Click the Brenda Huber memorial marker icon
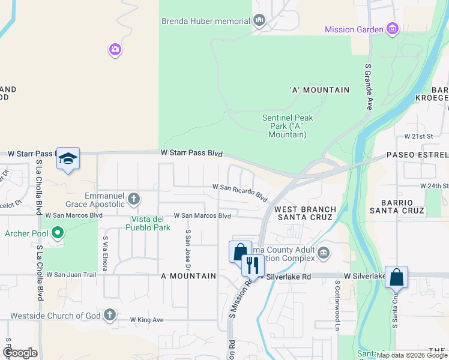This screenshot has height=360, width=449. [x=259, y=21]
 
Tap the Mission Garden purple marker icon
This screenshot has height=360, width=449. [x=393, y=29]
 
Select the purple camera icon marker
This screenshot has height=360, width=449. [x=115, y=49]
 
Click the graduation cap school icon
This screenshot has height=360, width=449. [x=68, y=158]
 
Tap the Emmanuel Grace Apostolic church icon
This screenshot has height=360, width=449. [x=134, y=197]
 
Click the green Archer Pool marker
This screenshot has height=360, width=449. [x=58, y=233]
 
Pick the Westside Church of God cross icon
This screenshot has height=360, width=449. [x=109, y=315]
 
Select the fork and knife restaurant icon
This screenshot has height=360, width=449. [x=253, y=265]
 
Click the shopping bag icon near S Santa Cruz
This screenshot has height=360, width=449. [x=396, y=277]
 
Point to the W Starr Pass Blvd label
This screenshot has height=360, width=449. [x=191, y=154]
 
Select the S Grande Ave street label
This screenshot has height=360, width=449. [x=369, y=85]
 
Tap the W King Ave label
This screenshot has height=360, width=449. [x=147, y=320]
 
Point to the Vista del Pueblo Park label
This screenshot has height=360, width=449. [x=148, y=223]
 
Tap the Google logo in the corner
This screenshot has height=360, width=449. [x=20, y=353]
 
